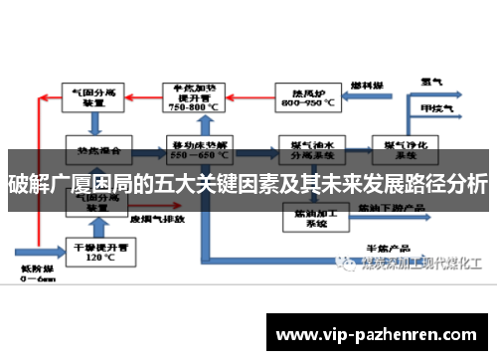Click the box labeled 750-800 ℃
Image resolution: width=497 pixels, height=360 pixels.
point(199,96)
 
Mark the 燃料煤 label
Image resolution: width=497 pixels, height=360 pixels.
point(367,87)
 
